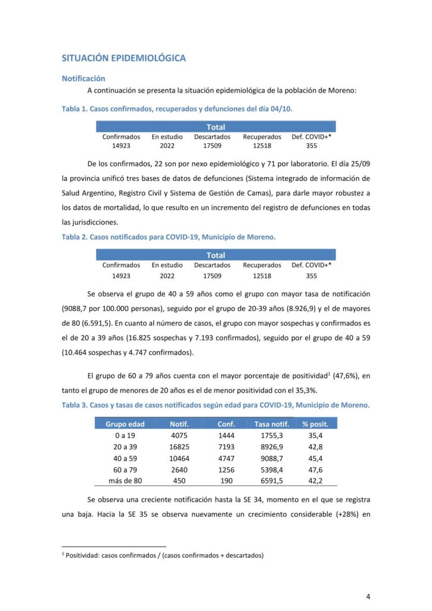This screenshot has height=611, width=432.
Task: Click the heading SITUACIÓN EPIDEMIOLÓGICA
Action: (x=123, y=58)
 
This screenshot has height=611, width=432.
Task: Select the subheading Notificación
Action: (x=83, y=78)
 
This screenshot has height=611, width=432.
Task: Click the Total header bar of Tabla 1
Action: (x=216, y=126)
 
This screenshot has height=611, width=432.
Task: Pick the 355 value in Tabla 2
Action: (x=311, y=276)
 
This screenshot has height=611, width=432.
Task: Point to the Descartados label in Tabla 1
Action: (x=212, y=137)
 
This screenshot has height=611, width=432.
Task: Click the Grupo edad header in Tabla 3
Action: (x=125, y=424)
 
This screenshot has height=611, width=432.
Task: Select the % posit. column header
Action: (x=319, y=424)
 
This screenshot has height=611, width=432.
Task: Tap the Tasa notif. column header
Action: (x=271, y=424)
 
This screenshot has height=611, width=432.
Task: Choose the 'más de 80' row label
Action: (x=125, y=481)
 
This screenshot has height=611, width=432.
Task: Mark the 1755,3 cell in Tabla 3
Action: (x=271, y=436)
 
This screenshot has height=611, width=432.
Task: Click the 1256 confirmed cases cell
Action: (x=226, y=470)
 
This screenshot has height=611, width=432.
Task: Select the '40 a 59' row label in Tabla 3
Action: (x=125, y=458)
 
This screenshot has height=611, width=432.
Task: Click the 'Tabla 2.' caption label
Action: (x=74, y=236)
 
